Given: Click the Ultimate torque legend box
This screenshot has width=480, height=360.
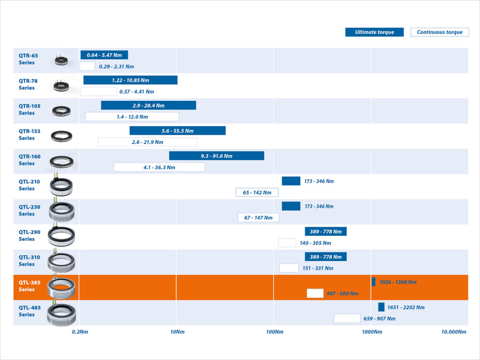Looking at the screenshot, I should (x=374, y=32).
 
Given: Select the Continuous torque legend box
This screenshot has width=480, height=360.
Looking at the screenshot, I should (x=440, y=32).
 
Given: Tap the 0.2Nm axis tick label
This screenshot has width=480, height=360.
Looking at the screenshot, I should (x=80, y=332).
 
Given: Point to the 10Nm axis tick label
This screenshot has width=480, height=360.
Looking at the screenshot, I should (x=177, y=332).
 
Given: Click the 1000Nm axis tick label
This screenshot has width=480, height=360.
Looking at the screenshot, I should (x=372, y=332).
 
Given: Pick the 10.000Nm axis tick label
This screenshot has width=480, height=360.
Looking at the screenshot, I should (x=454, y=332).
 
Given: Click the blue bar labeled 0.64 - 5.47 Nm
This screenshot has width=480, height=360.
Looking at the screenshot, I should (x=104, y=55).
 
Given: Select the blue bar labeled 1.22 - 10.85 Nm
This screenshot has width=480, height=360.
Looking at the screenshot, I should (x=130, y=80).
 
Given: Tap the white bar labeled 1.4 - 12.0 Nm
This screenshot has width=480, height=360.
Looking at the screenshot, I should (x=132, y=117).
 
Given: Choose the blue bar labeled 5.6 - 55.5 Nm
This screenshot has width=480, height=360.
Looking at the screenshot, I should (x=177, y=131).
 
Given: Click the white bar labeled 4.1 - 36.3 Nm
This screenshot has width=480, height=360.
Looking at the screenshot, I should (x=159, y=167).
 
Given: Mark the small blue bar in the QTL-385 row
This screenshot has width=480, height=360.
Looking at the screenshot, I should (x=374, y=282).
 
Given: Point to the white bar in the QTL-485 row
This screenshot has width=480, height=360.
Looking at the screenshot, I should (x=347, y=318).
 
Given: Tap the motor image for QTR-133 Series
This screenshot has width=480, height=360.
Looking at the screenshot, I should (x=62, y=137).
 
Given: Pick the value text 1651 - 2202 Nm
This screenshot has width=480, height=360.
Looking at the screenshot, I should (x=406, y=308).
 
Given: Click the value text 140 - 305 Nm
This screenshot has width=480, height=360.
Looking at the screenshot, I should (x=316, y=243).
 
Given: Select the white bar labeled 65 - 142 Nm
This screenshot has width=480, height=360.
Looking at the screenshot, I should (x=257, y=192).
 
